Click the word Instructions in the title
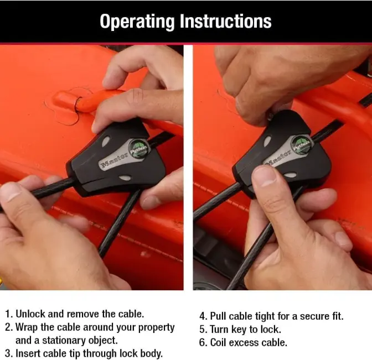pyautogui.click(x=225, y=21)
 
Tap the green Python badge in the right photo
pyautogui.click(x=301, y=144)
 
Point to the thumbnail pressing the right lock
pyautogui.click(x=265, y=176)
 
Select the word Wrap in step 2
pyautogui.click(x=27, y=327)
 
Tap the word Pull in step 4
pyautogui.click(x=218, y=316)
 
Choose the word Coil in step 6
pyautogui.click(x=218, y=342)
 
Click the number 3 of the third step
pyautogui.click(x=8, y=353)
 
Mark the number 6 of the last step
pyautogui.click(x=203, y=342)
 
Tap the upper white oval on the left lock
pyautogui.click(x=106, y=142)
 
